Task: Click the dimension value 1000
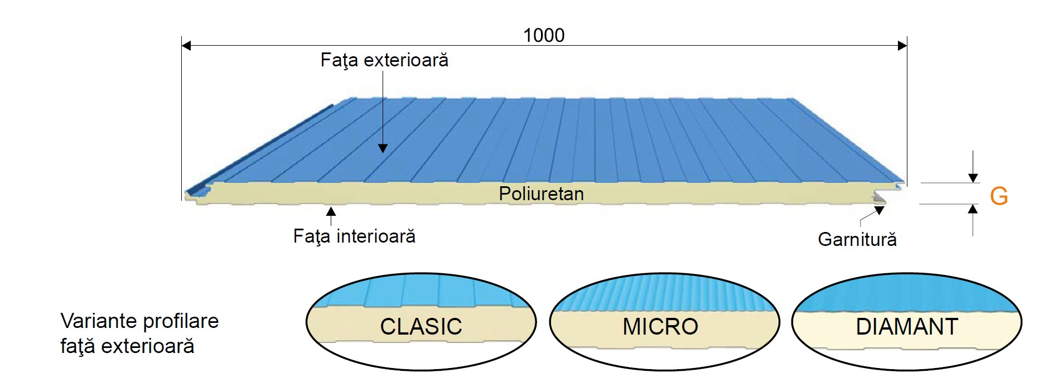click(544, 35)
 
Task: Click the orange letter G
click(998, 196)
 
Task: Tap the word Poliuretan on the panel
click(541, 194)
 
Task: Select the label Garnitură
click(857, 239)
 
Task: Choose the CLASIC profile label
click(421, 326)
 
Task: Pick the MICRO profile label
click(660, 326)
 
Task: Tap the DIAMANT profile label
click(907, 326)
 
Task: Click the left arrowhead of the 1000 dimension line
click(186, 45)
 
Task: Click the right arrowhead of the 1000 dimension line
click(902, 45)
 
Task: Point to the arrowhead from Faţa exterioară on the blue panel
click(383, 148)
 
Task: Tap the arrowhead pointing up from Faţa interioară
click(331, 211)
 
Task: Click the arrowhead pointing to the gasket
click(880, 210)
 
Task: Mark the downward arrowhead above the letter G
click(973, 178)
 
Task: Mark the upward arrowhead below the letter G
click(973, 209)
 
